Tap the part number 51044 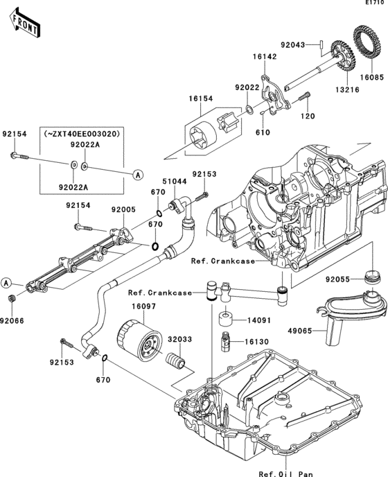(179, 181)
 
